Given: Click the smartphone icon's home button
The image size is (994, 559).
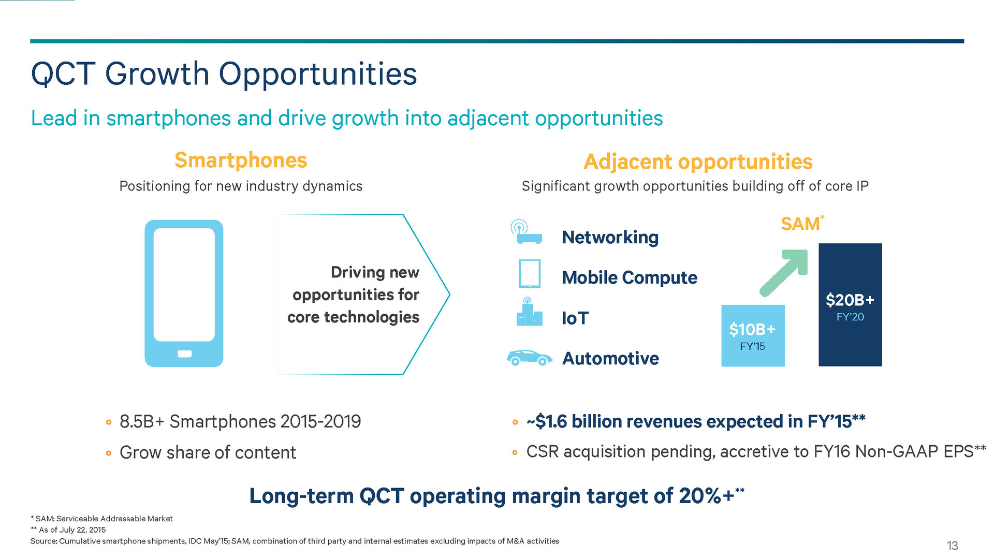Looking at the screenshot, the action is point(184,354).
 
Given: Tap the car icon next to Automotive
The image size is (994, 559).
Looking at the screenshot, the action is point(529,358).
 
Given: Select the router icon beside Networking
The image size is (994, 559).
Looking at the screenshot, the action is point(526,232).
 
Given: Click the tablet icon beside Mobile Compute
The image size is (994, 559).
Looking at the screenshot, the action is point(530,274).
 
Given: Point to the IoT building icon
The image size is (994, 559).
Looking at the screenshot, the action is point(529,312).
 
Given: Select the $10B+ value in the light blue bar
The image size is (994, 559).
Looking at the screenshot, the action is point(752,329).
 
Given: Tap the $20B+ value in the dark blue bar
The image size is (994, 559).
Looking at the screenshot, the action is point(850,300).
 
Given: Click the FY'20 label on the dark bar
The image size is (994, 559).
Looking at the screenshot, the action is point(850,317).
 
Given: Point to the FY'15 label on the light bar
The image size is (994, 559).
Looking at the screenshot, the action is point(752,346).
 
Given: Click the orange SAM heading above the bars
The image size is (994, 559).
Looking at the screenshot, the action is point(800,224).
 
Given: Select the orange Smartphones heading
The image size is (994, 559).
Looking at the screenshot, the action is point(241,160).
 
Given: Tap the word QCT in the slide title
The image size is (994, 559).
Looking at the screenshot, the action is point(63,73).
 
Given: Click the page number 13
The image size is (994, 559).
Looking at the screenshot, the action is point(952,546).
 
